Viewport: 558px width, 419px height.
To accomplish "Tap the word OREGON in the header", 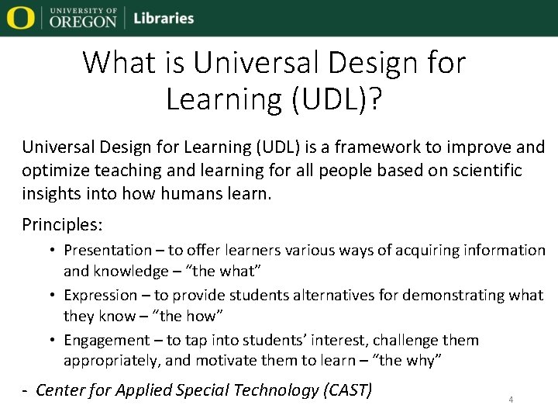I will coord(83,22).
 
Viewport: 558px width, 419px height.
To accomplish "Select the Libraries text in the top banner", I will coord(164,18).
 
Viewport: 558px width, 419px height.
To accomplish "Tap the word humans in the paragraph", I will coord(182,193).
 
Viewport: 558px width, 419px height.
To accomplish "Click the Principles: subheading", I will coord(62,225).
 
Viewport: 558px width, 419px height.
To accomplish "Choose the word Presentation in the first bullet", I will coord(108,250).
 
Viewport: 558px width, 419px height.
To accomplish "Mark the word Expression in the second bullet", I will coord(100,295).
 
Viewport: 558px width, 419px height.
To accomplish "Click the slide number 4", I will coord(511,400).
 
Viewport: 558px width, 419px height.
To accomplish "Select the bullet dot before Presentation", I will coord(53,251).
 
